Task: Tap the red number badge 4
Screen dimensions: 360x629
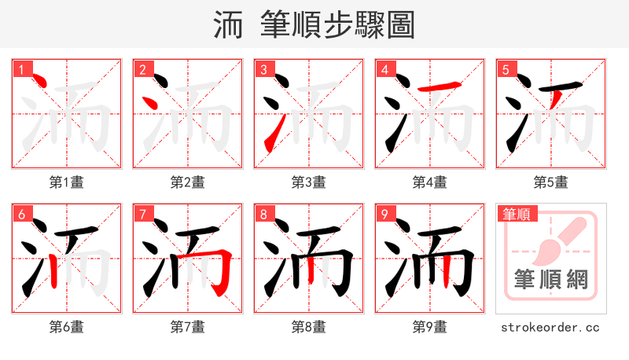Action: pos(384,69)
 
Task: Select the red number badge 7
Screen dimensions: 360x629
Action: pos(142,214)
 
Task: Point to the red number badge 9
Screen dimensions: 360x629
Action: pos(384,214)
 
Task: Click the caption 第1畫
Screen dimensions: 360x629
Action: pos(66,182)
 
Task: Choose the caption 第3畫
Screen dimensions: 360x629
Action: pos(308,182)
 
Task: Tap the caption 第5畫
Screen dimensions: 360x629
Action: pos(550,182)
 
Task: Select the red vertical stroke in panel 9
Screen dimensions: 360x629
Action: pos(446,271)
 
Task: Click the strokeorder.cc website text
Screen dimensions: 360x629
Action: pos(550,327)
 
